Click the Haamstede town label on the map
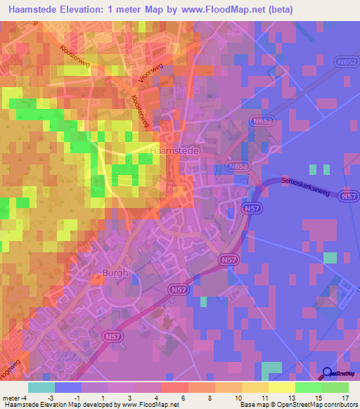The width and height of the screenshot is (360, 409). pos(175,150)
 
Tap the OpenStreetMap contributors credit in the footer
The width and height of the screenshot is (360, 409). pos(309,405)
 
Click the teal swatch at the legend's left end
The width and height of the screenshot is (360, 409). pos(41,387)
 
